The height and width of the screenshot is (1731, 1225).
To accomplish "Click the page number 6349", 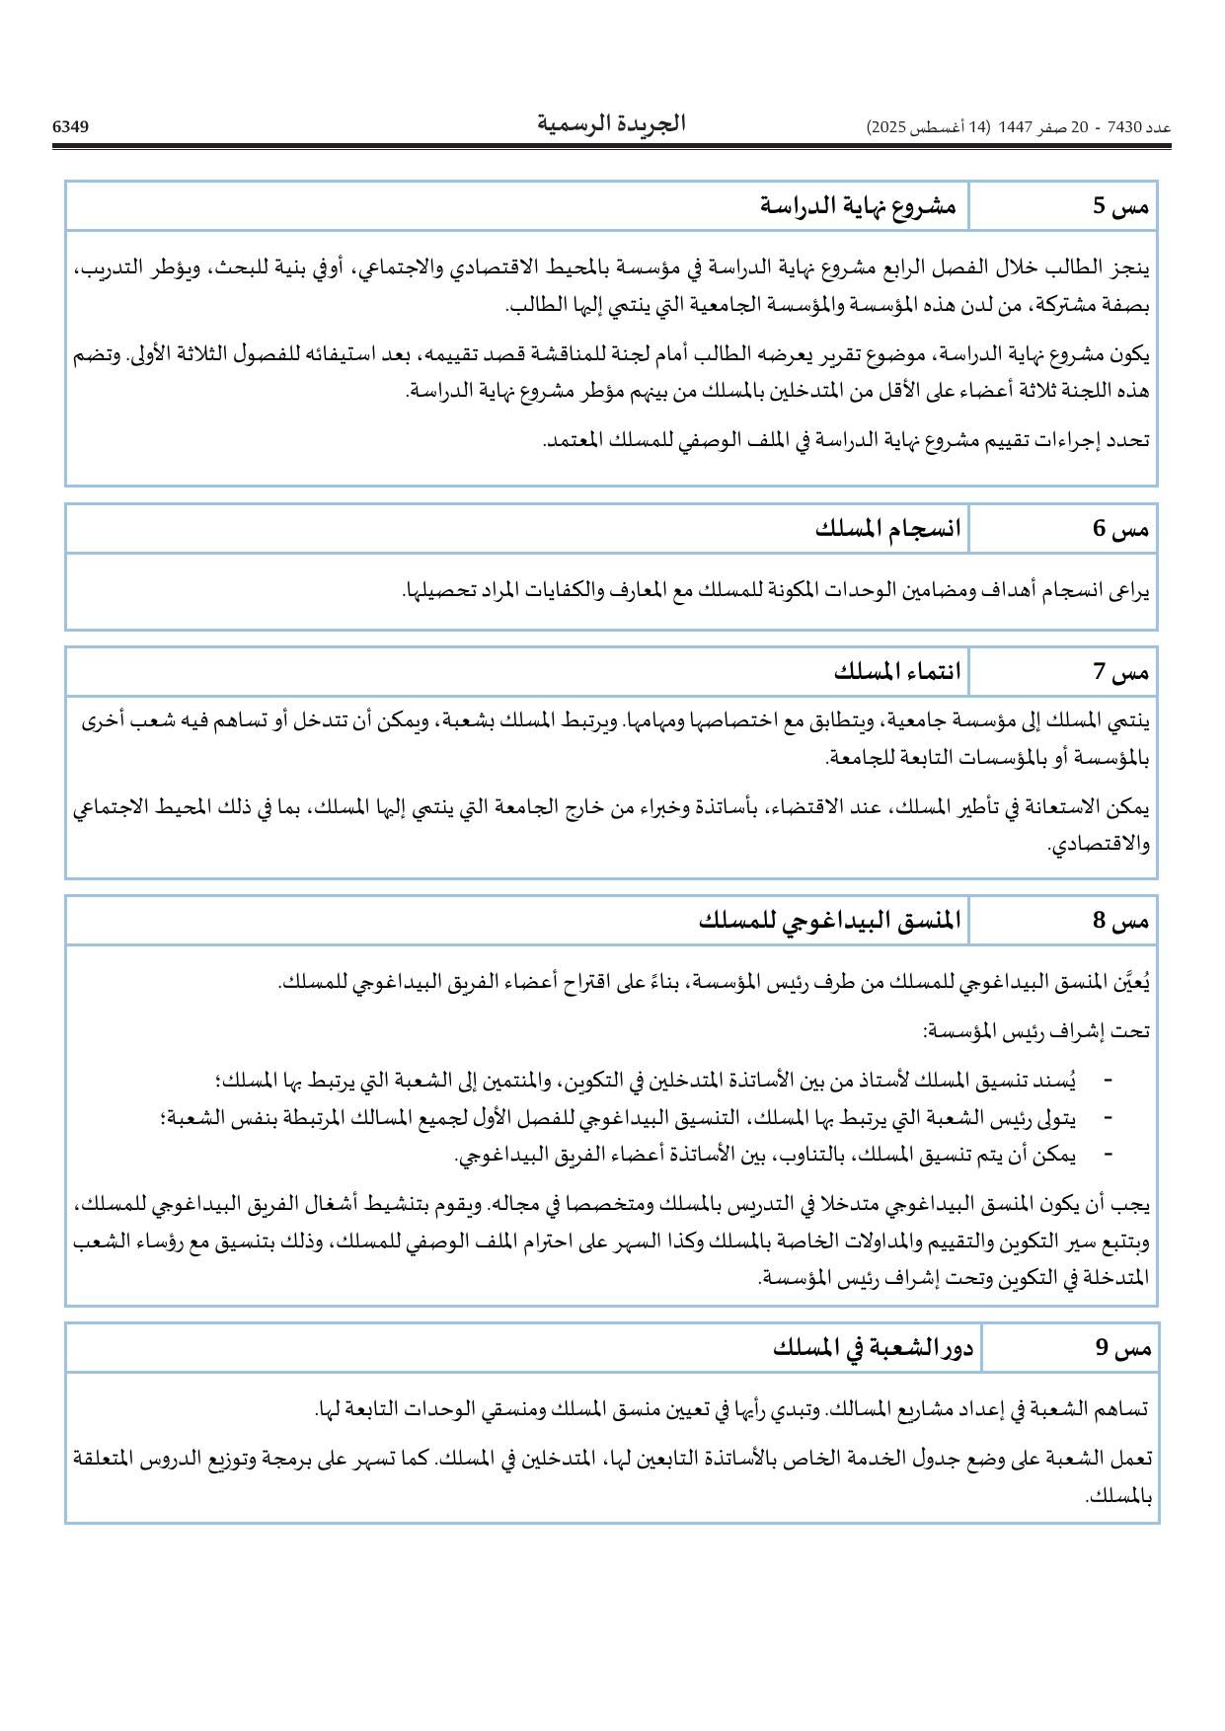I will point(70,126).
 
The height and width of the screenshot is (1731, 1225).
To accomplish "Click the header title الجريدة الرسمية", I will point(611,124).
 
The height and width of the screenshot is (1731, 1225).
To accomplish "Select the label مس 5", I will point(1120,206).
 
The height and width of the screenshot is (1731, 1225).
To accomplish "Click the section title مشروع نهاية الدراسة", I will point(858,206).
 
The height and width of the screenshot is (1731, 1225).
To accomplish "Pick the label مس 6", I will point(1120,529).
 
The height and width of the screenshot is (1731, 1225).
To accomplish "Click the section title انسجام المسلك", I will point(887,529).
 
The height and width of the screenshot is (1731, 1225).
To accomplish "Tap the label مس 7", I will point(1120,673).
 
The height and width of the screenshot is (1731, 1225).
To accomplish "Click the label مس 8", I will point(1120,922).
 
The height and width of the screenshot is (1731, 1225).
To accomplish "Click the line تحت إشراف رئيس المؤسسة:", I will point(1035,1031).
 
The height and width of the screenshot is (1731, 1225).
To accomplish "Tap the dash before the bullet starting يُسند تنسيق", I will point(1108,1080).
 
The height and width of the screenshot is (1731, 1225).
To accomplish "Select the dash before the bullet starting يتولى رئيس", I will point(1108,1117).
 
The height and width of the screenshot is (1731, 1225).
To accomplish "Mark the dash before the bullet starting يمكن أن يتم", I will point(1108,1154).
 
